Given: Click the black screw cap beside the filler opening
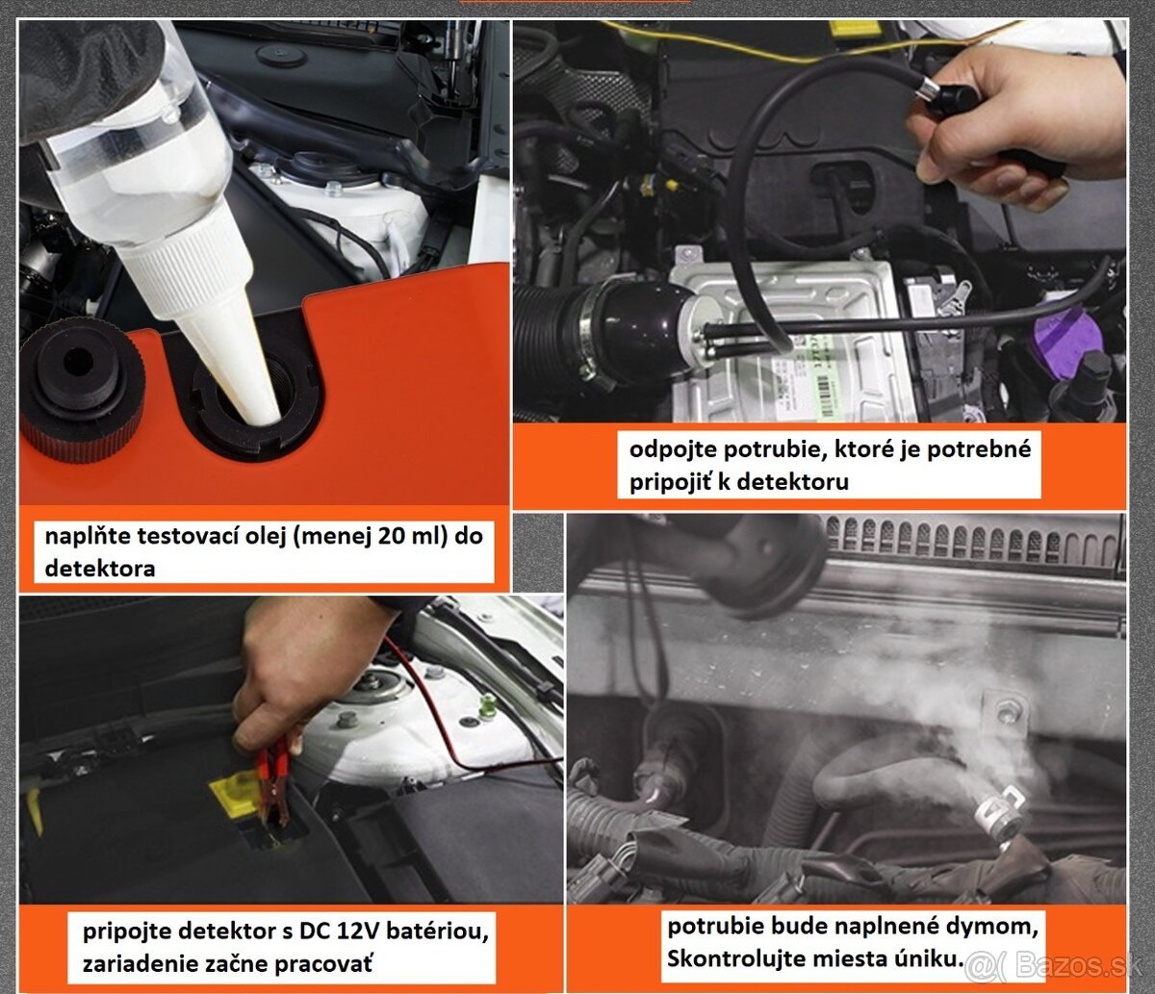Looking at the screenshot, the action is click(82, 390).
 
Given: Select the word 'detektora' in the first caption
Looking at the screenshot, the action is click(100, 569).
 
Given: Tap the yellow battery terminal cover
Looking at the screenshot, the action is click(235, 794).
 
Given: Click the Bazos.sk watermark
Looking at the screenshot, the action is click(1054, 964).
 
